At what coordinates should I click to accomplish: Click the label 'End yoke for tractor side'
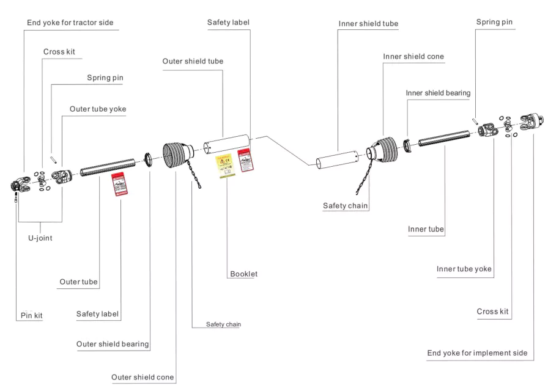click(x=70, y=23)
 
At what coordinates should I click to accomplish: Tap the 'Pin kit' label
click(x=31, y=316)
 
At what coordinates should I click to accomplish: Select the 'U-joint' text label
click(x=40, y=238)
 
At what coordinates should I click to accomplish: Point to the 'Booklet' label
click(x=243, y=274)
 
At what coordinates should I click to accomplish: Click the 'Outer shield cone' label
click(x=143, y=378)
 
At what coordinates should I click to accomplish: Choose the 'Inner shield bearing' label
click(x=438, y=93)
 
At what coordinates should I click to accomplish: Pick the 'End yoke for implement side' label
click(x=476, y=354)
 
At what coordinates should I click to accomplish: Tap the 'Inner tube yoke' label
click(x=464, y=269)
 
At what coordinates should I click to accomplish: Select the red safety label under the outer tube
click(x=119, y=183)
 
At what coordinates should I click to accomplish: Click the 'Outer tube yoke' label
click(x=98, y=109)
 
